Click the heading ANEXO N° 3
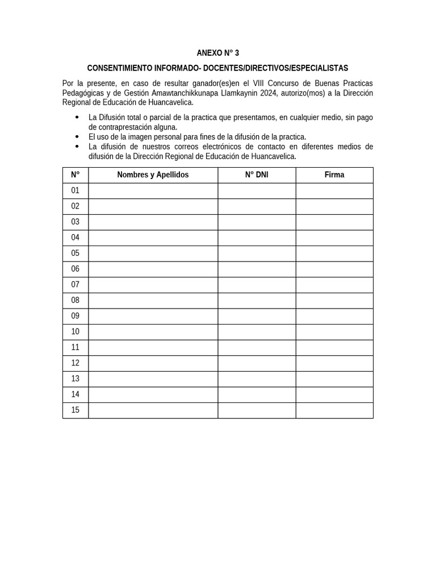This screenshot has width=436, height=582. tap(217, 53)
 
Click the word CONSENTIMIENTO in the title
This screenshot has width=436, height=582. tap(120, 68)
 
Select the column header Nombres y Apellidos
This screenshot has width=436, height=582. tap(153, 175)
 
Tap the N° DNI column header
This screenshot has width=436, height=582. tap(257, 175)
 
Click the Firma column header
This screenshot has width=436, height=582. tap(334, 175)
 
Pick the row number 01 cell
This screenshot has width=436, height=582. tap(76, 190)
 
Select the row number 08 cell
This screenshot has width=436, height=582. tap(76, 300)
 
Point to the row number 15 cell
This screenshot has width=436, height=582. tap(76, 410)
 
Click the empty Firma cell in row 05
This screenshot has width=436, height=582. tap(334, 253)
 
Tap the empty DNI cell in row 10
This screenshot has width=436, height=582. tap(257, 331)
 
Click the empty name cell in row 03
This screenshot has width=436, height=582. tap(153, 222)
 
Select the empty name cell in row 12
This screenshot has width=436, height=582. tap(153, 363)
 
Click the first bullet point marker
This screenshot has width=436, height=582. tap(77, 117)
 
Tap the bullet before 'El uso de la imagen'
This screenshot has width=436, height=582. tap(77, 137)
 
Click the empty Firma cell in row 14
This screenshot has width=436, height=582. tap(334, 394)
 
